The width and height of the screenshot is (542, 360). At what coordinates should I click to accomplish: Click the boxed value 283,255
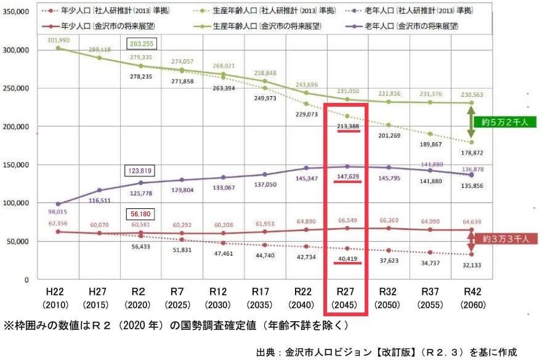142,44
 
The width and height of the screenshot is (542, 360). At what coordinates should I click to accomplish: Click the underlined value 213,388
348,126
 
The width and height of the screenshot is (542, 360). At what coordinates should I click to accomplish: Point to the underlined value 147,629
348,178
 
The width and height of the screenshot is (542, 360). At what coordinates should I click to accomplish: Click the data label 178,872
472,152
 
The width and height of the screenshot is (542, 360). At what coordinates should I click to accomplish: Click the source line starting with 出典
386,352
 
